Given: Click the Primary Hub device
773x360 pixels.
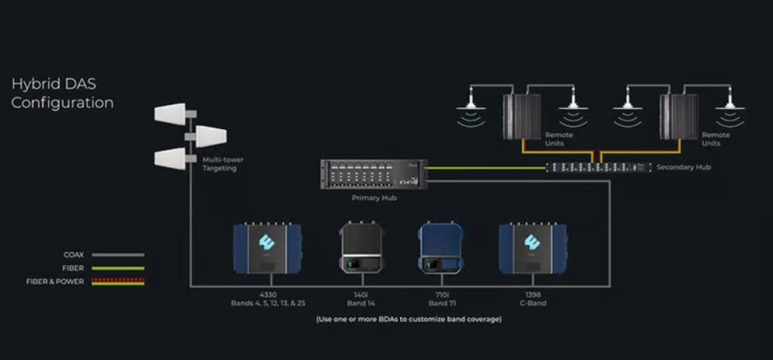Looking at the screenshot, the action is point(374,174).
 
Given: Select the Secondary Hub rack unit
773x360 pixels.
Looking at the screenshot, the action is point(599,168).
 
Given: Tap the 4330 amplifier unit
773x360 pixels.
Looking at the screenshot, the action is point(267,248).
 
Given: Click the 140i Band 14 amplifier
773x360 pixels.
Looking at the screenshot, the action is point(361,246).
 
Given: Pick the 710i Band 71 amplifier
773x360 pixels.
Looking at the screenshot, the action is point(440,247).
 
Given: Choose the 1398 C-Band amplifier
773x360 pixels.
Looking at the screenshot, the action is point(533,248).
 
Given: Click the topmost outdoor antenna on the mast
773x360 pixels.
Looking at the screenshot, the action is point(171,113).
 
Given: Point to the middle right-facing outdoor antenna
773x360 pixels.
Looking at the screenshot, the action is point(211,136).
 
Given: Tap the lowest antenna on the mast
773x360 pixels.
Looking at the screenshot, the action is point(171,158).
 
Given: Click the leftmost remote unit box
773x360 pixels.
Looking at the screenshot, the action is point(522,116).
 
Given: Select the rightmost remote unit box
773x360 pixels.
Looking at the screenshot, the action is point(679,116).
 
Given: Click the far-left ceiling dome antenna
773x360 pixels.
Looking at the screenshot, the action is point(471,105).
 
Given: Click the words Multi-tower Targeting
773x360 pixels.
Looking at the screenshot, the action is point(223,164).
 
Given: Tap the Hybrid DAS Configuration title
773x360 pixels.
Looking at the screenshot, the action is point(62,93).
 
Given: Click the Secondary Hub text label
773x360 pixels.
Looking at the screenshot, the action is point(684,168).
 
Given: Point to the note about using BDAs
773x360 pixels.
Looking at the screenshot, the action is point(408,319).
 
